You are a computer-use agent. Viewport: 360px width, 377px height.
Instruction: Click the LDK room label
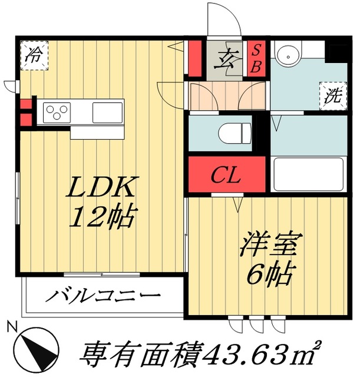(101, 190)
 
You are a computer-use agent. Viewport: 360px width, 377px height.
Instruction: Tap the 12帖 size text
(101, 219)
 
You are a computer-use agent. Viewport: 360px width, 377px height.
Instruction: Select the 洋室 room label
(272, 245)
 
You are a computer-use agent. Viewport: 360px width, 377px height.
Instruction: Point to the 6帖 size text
(270, 272)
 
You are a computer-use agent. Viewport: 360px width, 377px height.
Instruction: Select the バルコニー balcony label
(105, 294)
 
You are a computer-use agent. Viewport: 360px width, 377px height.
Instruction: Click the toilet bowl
(235, 133)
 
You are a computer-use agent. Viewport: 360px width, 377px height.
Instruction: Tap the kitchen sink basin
(108, 110)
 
